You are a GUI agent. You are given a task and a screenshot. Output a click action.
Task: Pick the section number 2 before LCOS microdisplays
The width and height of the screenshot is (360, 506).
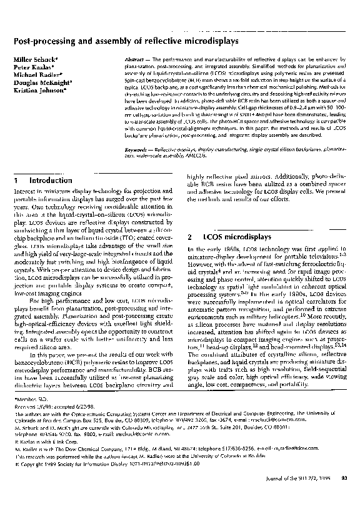coord(189,238)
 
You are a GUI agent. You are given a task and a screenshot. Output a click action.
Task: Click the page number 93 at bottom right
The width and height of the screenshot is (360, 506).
coord(343,496)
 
